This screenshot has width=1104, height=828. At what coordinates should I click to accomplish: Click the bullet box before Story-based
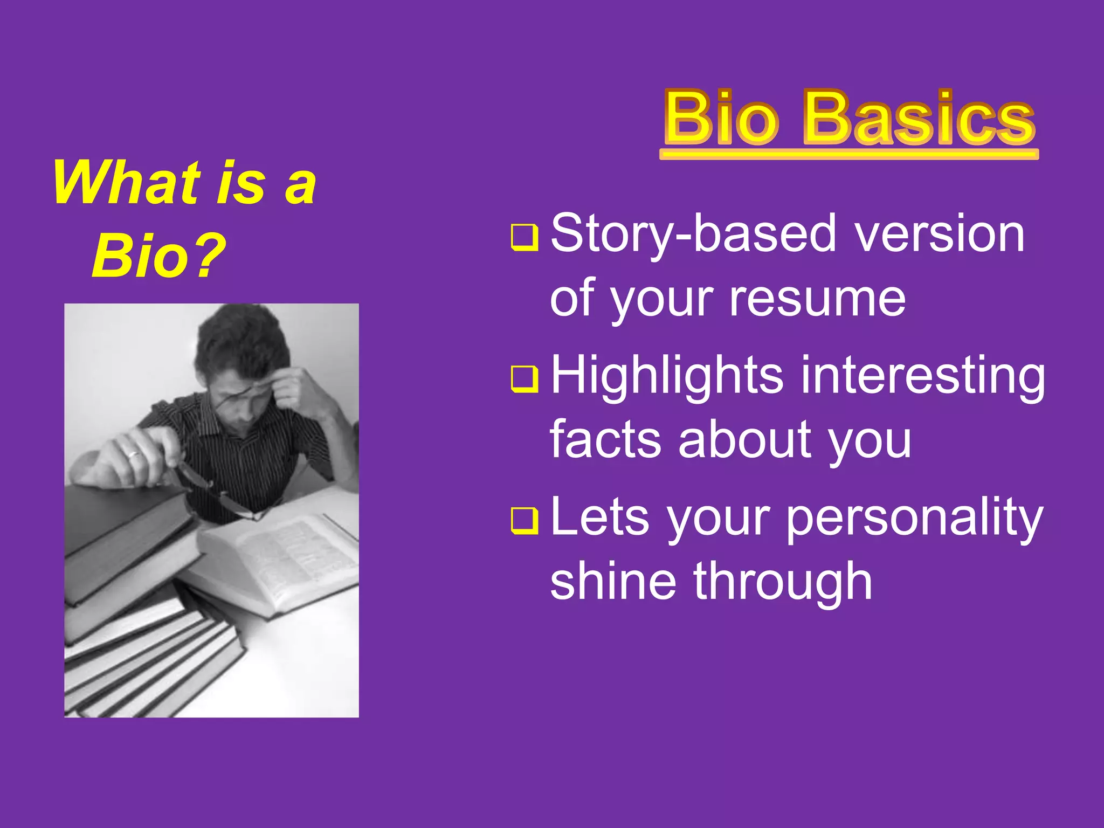point(524,237)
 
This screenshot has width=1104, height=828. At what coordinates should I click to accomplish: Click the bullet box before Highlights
point(524,378)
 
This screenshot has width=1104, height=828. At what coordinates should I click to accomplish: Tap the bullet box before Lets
point(524,520)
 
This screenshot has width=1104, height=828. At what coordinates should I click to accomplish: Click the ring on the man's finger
point(134,454)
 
